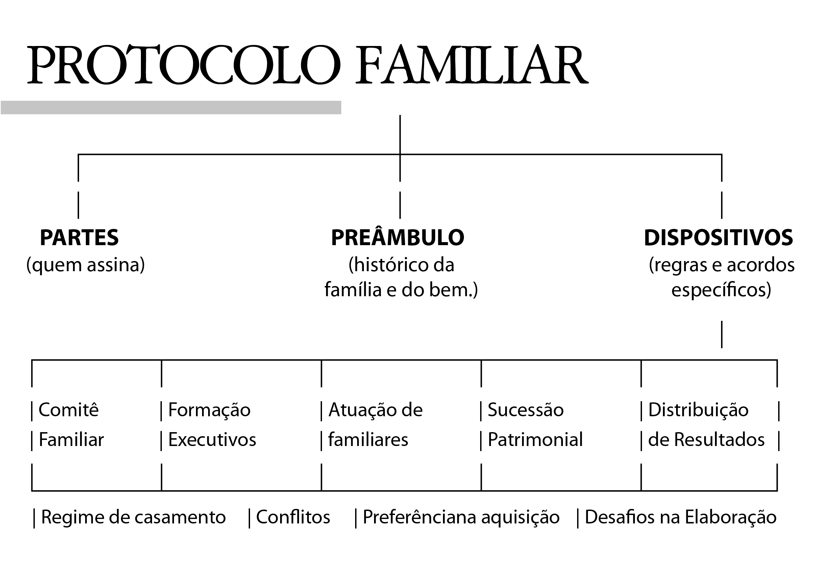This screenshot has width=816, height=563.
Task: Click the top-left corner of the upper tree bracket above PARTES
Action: tap(78, 155)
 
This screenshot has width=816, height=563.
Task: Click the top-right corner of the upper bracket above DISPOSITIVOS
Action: tap(722, 155)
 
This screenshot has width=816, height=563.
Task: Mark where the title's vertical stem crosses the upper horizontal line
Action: tap(400, 155)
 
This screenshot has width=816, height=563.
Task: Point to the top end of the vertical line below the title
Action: tap(400, 115)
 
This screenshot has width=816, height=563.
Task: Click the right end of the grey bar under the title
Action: tap(341, 108)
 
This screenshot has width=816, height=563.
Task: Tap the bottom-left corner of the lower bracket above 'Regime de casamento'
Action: tap(32, 490)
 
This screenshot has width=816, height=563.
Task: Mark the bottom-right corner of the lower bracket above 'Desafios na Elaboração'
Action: tap(777, 490)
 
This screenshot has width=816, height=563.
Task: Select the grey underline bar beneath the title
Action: tap(171, 108)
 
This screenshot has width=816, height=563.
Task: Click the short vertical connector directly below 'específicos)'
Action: tap(722, 334)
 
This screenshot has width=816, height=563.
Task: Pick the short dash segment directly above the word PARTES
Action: tap(78, 205)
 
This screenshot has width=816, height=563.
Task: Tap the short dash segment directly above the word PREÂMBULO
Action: tap(400, 205)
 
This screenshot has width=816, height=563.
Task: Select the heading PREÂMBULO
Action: tap(398, 237)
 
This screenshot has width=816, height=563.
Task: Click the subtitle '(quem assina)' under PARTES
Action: tap(85, 265)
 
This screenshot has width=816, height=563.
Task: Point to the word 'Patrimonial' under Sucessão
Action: tap(535, 440)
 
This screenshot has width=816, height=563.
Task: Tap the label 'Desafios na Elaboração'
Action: tap(681, 517)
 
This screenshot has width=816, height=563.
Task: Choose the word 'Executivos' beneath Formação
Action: tap(212, 440)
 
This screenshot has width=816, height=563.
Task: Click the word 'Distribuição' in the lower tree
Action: tap(698, 410)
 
